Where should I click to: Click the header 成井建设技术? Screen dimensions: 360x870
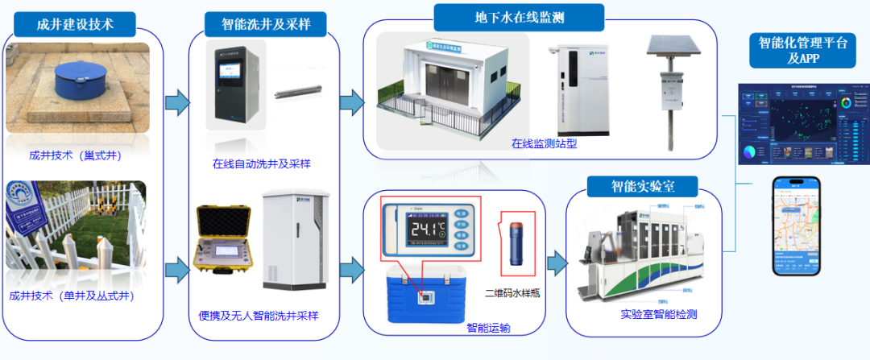coord(75,24)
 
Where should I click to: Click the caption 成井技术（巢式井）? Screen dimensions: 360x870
coord(75,155)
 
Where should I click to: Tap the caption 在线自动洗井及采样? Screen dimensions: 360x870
coord(262,163)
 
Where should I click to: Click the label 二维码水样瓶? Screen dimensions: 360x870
coord(512,293)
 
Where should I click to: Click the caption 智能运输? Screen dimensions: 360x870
coord(488,328)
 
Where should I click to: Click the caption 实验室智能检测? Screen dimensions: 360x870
coord(659,313)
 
